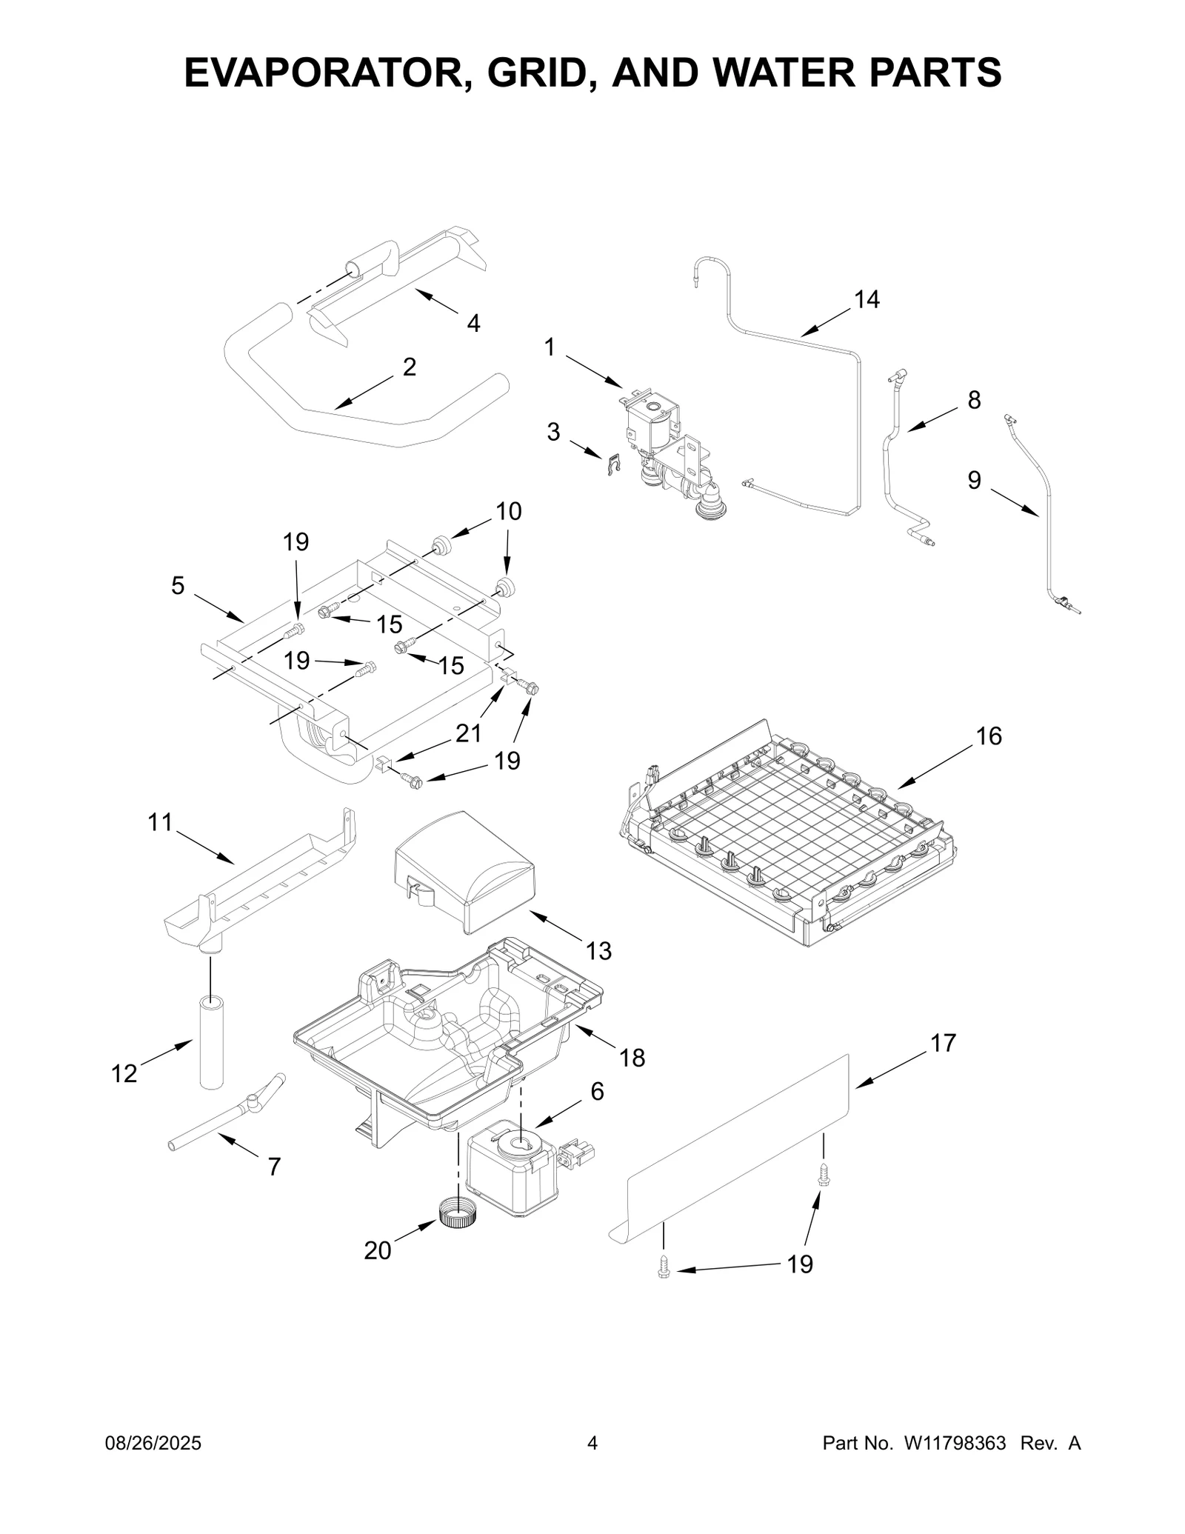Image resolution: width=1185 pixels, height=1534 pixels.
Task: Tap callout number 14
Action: (867, 300)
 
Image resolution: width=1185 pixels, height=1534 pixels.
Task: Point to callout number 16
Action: (989, 736)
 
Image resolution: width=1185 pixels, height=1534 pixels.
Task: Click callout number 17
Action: (943, 1043)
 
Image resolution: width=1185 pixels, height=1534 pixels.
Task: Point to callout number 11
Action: (160, 822)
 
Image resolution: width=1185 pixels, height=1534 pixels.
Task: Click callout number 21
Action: (468, 733)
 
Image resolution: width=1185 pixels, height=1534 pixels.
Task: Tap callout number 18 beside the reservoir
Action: (632, 1058)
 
